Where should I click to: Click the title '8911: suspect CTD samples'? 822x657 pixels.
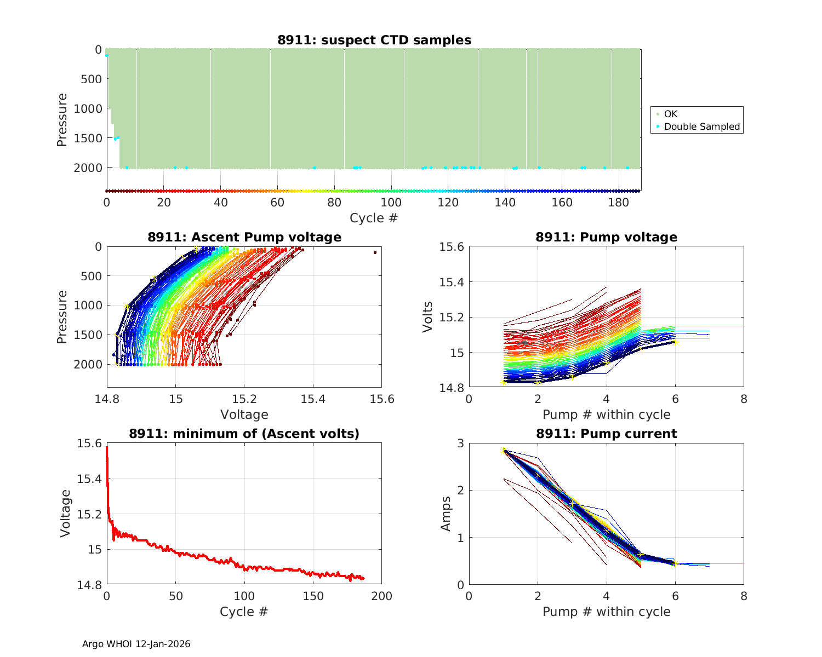[374, 40]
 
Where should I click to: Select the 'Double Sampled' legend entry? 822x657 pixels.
[701, 126]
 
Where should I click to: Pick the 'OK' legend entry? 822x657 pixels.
[670, 114]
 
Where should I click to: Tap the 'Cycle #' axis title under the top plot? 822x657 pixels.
[374, 218]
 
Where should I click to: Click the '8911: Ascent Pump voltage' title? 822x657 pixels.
[244, 237]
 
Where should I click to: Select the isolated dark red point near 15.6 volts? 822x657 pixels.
[375, 252]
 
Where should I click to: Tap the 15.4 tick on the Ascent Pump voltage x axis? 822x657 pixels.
[313, 399]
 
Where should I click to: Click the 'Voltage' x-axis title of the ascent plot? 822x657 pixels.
[244, 414]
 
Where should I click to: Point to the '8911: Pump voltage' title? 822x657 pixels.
[606, 237]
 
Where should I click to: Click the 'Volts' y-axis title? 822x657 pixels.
[428, 317]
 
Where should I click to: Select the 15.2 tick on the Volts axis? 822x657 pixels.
[452, 318]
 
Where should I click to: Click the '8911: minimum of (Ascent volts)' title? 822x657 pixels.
[244, 434]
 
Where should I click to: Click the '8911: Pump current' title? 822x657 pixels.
[606, 434]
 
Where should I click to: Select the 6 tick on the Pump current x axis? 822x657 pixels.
[675, 596]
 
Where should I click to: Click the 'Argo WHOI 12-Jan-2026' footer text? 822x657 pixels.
[136, 644]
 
